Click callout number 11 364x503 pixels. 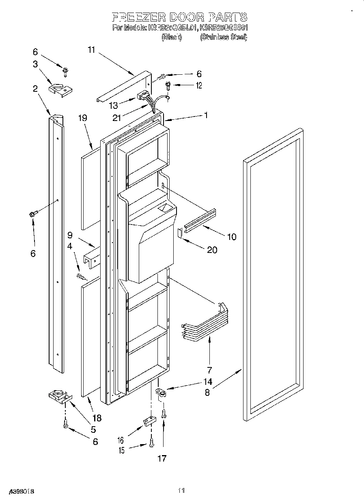pos(91,50)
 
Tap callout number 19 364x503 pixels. pos(83,119)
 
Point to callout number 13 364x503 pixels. pos(114,106)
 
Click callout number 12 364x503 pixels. pos(199,85)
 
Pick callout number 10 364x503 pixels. pos(232,237)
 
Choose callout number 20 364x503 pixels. pos(212,250)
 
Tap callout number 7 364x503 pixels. pos(209,369)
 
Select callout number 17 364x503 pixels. pos(162,458)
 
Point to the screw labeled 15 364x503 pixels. pos(151,443)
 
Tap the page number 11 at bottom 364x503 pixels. pos(181,491)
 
